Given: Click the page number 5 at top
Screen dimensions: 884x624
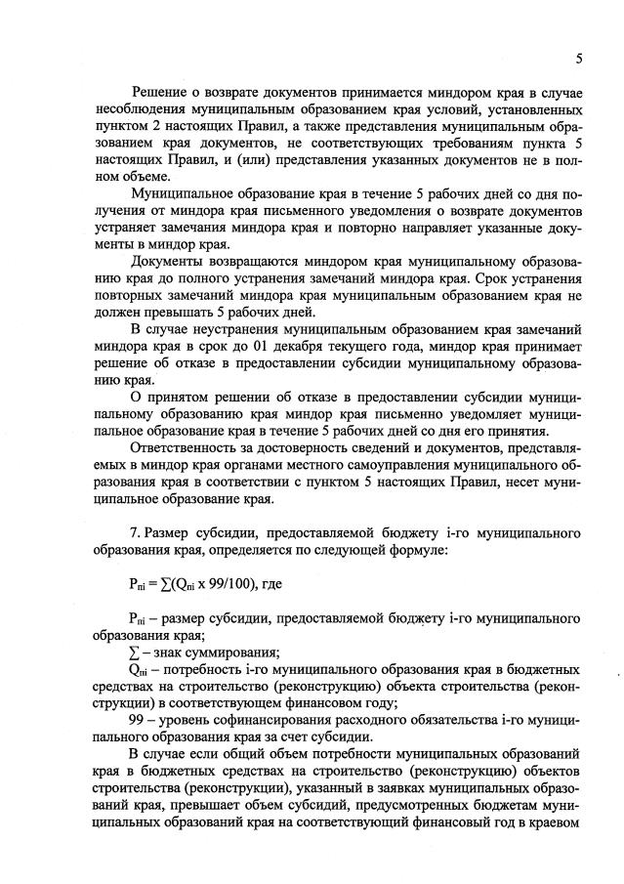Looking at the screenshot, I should pyautogui.click(x=579, y=59).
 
